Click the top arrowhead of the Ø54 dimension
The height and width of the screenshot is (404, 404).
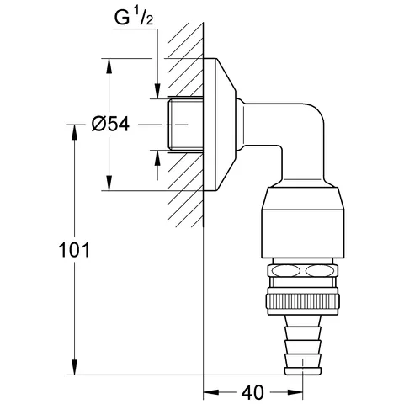[x=108, y=64]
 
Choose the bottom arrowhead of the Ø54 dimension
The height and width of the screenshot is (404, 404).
[x=108, y=185]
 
